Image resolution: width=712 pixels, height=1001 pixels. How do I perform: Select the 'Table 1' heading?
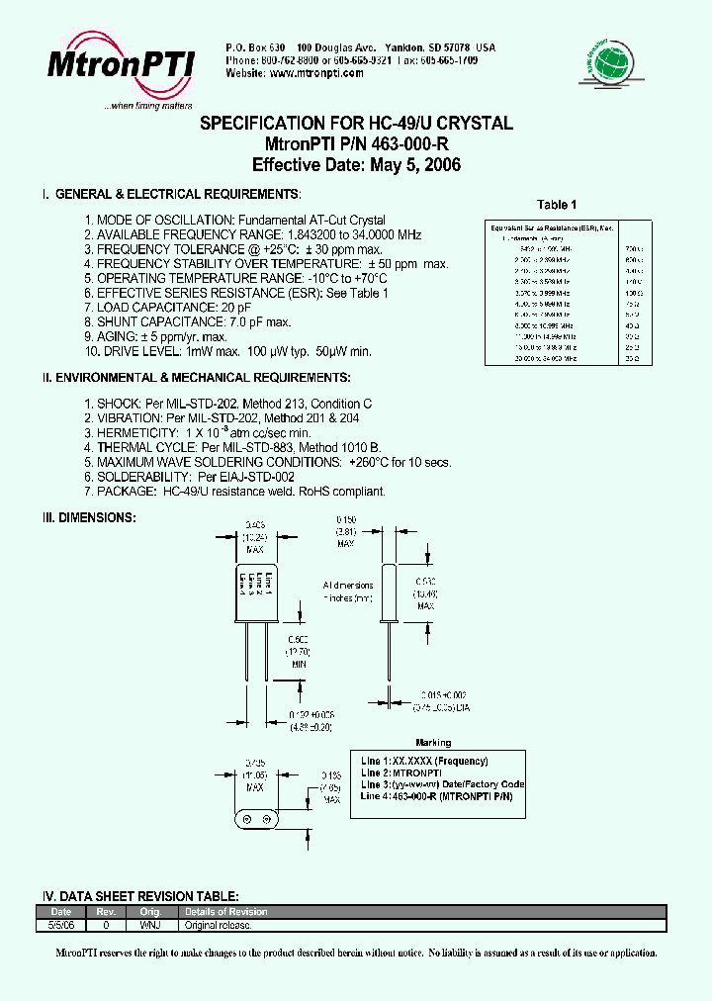pos(557,205)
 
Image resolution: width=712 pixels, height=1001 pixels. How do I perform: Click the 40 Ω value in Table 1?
pos(633,325)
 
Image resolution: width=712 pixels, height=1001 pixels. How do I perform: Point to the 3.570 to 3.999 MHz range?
pos(543,293)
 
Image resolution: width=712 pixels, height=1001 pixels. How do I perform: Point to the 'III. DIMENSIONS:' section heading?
pos(88,517)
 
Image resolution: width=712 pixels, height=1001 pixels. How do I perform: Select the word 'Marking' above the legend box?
pos(432,743)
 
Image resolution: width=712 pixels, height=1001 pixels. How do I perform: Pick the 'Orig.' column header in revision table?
pos(150,912)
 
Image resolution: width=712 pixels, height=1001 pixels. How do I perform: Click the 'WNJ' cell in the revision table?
pos(150,925)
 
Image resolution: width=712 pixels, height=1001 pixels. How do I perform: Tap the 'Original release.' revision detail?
pos(219,925)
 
